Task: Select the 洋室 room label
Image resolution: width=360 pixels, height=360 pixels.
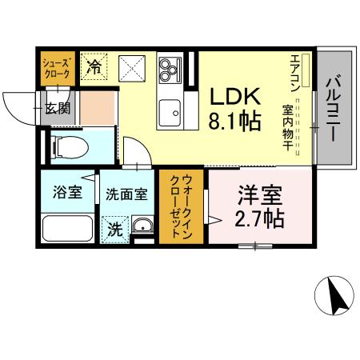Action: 257,195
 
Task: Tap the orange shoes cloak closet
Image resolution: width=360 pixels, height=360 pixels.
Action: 56,68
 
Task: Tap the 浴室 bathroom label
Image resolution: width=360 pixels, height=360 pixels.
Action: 63,193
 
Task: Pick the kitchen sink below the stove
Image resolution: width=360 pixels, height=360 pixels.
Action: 170,111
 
